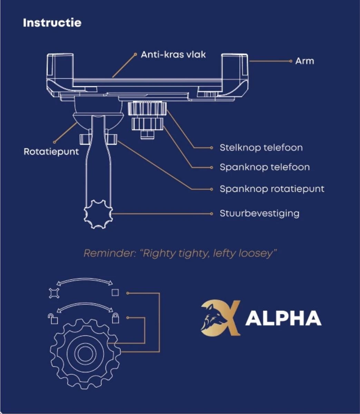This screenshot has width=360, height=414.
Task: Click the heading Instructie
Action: coord(52,23)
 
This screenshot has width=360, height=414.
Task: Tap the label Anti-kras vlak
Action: coord(173,55)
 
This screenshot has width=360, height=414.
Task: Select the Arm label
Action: coord(304,61)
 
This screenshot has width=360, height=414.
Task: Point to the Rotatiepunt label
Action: coord(51,152)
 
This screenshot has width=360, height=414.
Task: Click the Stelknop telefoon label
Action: coord(261,148)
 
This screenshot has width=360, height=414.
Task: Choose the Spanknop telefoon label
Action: coord(264,167)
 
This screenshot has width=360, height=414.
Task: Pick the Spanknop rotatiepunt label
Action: coord(272,189)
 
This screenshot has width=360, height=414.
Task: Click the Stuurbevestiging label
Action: coord(259,214)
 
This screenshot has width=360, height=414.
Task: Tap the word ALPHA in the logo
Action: coord(283,318)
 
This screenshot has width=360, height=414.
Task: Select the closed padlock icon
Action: coord(115,318)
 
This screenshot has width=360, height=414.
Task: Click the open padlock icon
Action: coord(53,319)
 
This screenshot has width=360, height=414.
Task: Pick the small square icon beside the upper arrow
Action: coord(115,293)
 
